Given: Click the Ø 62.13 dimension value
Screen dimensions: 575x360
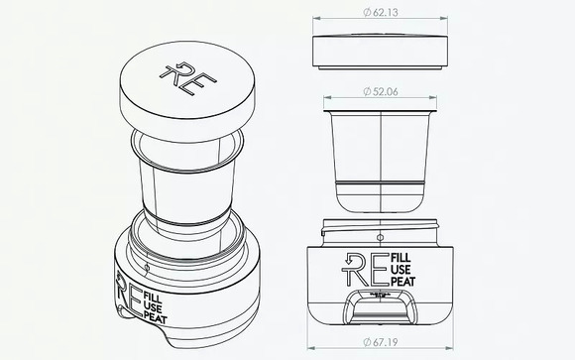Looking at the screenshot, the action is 381,13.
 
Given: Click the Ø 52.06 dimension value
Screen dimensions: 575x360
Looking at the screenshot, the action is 381,91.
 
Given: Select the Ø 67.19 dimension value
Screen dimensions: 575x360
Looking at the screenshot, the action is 381,342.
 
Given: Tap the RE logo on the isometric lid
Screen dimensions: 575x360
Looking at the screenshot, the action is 187,79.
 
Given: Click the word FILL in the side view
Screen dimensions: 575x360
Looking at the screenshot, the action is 402,257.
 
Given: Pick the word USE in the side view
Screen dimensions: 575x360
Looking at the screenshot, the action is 402,270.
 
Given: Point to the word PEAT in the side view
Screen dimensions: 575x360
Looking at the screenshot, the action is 403,282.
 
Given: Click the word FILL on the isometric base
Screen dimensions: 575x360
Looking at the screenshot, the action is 153,297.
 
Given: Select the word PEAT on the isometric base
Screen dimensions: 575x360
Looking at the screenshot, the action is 157,317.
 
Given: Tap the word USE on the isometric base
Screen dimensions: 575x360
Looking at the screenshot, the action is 154,307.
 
